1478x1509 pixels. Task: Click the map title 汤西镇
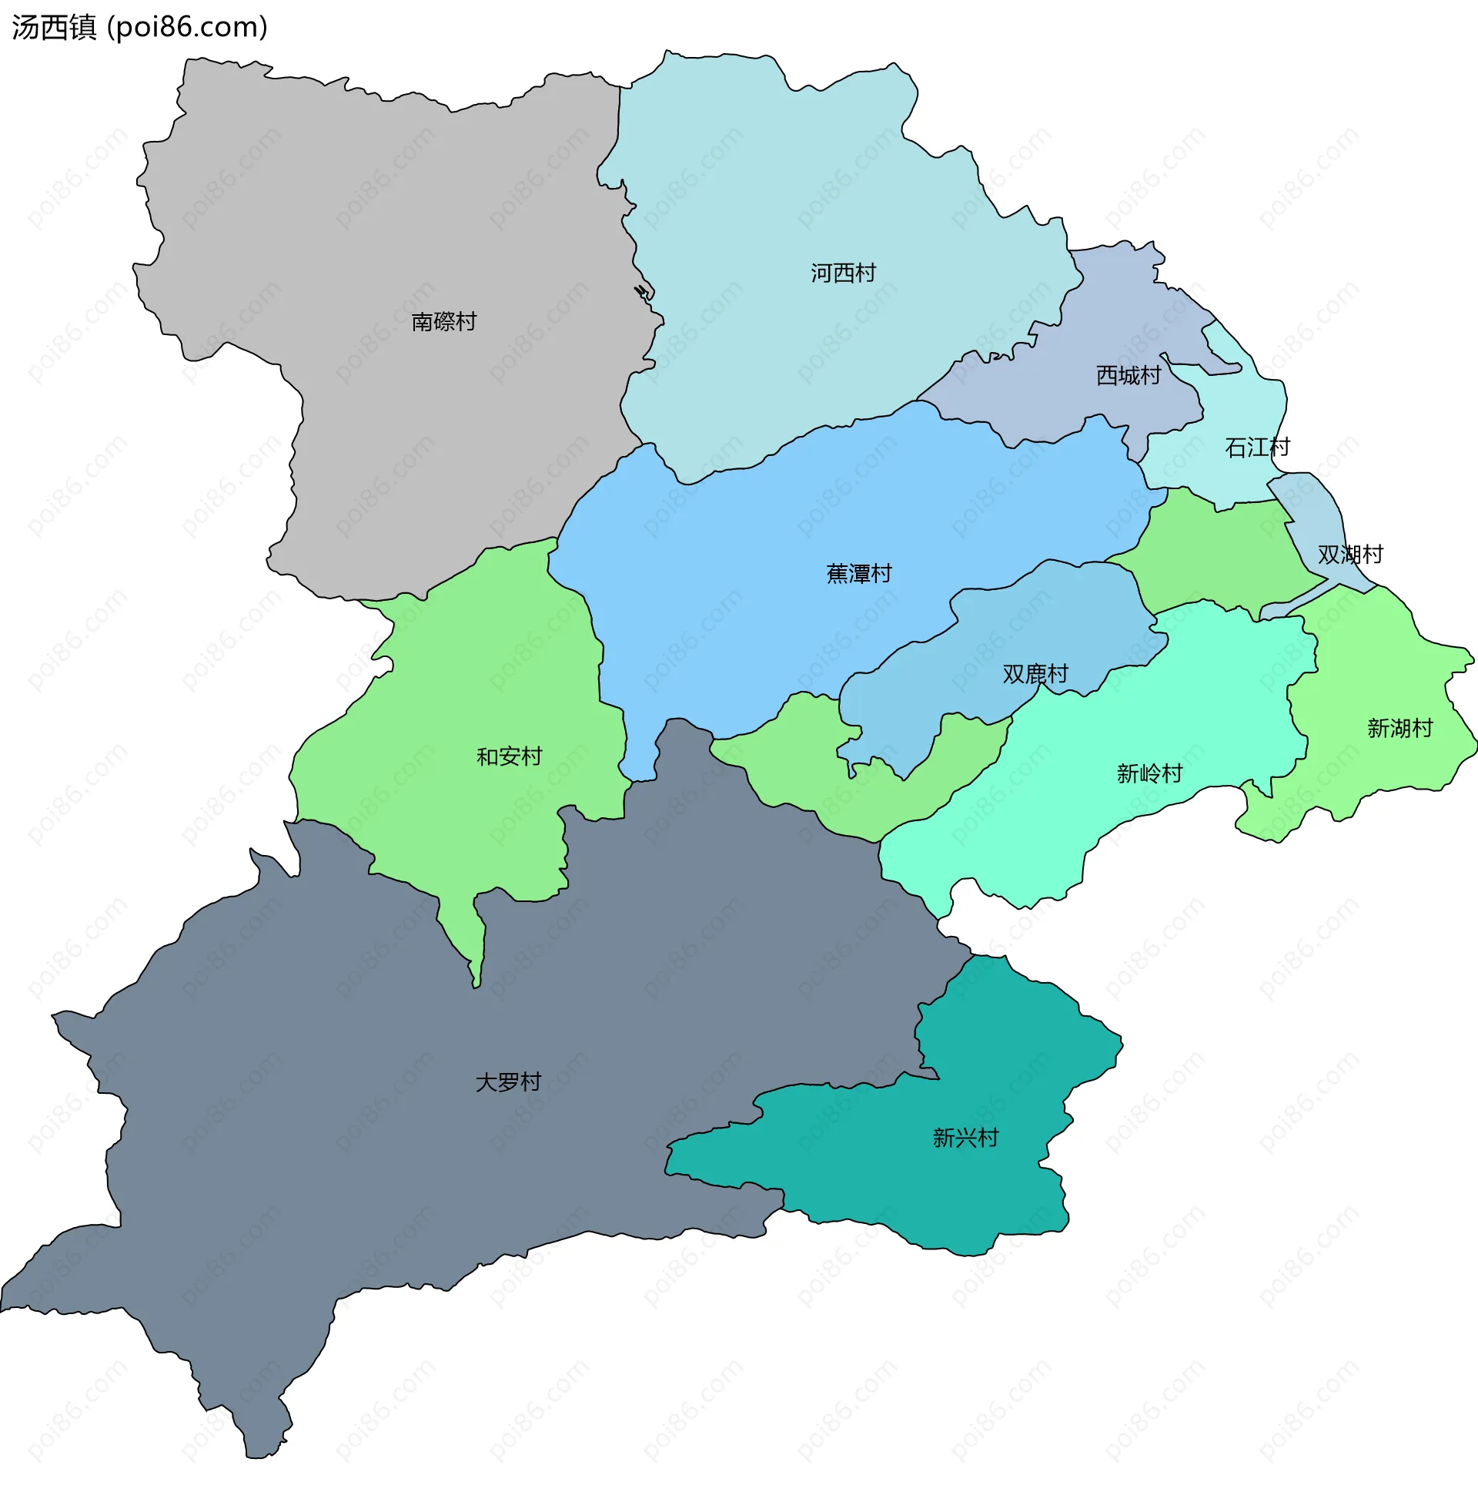pyautogui.click(x=54, y=27)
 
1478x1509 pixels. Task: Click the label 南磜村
pyautogui.click(x=443, y=321)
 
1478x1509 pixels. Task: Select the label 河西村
pyautogui.click(x=843, y=273)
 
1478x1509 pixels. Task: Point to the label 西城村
pyautogui.click(x=1128, y=375)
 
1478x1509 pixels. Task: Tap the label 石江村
pyautogui.click(x=1257, y=448)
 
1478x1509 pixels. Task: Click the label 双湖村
pyautogui.click(x=1350, y=555)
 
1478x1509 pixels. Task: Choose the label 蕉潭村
pyautogui.click(x=858, y=574)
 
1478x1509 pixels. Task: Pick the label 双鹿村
pyautogui.click(x=1035, y=673)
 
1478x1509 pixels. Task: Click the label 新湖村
pyautogui.click(x=1399, y=729)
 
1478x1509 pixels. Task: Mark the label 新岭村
pyautogui.click(x=1149, y=773)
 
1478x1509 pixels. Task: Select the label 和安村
pyautogui.click(x=509, y=756)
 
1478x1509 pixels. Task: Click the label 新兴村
pyautogui.click(x=965, y=1138)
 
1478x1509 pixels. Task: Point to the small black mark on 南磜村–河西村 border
pyautogui.click(x=642, y=292)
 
